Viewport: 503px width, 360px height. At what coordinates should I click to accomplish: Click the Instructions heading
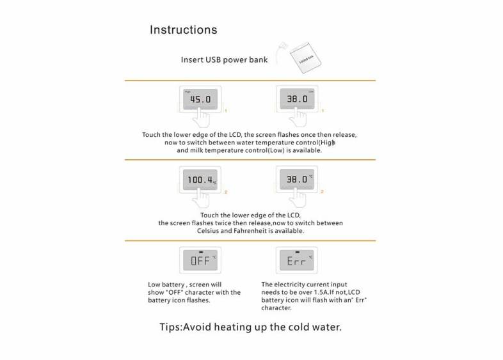pyautogui.click(x=183, y=30)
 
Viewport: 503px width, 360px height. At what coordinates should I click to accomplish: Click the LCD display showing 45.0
pyautogui.click(x=200, y=100)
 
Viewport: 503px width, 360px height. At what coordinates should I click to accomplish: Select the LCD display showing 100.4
pyautogui.click(x=200, y=180)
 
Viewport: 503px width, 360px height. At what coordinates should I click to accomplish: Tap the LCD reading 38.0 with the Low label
pyautogui.click(x=297, y=100)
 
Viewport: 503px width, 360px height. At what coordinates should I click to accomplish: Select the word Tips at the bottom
pyautogui.click(x=171, y=327)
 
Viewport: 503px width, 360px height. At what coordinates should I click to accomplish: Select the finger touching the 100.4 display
pyautogui.click(x=203, y=199)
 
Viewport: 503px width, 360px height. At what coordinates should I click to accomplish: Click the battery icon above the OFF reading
pyautogui.click(x=200, y=251)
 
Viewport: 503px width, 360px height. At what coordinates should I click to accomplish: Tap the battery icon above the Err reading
pyautogui.click(x=297, y=251)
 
